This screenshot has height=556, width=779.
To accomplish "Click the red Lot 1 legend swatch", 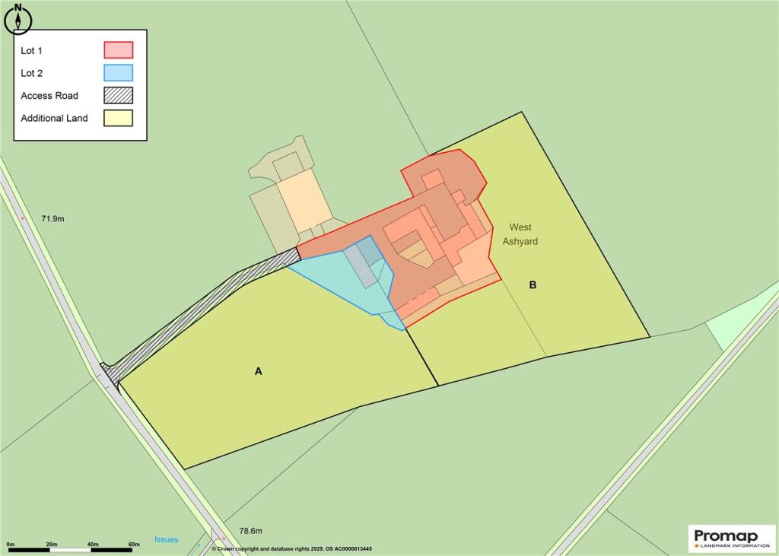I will click(x=118, y=50).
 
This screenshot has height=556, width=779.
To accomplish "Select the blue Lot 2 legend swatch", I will click(x=118, y=73).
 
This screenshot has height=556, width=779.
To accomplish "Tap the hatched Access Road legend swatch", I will click(x=118, y=96).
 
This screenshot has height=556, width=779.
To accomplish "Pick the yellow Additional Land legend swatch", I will click(x=118, y=118).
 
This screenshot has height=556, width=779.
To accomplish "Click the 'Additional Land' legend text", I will click(x=54, y=118).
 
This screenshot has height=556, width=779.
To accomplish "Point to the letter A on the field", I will click(x=258, y=371).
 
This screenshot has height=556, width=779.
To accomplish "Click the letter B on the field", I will click(x=533, y=285).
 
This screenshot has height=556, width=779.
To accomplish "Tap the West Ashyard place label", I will click(x=520, y=234).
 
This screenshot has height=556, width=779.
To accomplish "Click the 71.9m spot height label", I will click(x=52, y=218).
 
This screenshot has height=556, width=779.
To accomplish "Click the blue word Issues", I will click(x=166, y=539).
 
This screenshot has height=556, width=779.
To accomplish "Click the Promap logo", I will click(x=731, y=538).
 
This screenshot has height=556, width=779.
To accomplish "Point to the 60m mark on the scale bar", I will click(x=135, y=545).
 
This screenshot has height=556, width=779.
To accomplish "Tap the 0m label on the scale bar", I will click(x=11, y=545).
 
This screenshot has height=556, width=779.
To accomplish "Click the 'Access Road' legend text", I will click(x=49, y=96).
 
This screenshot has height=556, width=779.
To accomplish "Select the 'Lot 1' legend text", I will click(x=33, y=50).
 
